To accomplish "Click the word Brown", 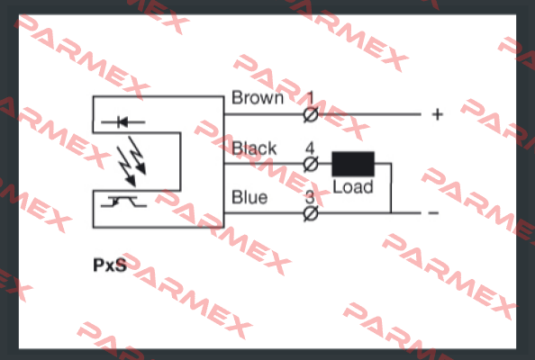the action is pyautogui.click(x=258, y=98).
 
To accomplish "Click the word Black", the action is pyautogui.click(x=254, y=148).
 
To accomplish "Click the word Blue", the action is pyautogui.click(x=249, y=197).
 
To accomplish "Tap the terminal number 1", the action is pyautogui.click(x=310, y=98).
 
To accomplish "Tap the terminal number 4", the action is pyautogui.click(x=310, y=148).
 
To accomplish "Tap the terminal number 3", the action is pyautogui.click(x=310, y=197).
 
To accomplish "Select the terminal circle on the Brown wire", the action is pyautogui.click(x=311, y=115).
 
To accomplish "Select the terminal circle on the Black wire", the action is pyautogui.click(x=311, y=165).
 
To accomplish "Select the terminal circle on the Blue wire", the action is pyautogui.click(x=311, y=214).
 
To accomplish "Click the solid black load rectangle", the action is pyautogui.click(x=353, y=164).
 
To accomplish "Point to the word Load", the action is pyautogui.click(x=353, y=187).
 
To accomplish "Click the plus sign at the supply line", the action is pyautogui.click(x=438, y=114).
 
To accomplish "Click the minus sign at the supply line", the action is pyautogui.click(x=433, y=213).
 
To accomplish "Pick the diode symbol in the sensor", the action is pyautogui.click(x=122, y=121).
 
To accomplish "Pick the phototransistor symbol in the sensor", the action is pyautogui.click(x=123, y=202).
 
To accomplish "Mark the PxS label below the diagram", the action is pyautogui.click(x=110, y=265).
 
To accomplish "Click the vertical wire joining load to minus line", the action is pyautogui.click(x=391, y=188).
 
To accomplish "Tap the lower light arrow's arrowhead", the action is pyautogui.click(x=131, y=182).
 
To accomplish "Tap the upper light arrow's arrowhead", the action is pyautogui.click(x=141, y=169).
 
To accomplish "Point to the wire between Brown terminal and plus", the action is pyautogui.click(x=369, y=114).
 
